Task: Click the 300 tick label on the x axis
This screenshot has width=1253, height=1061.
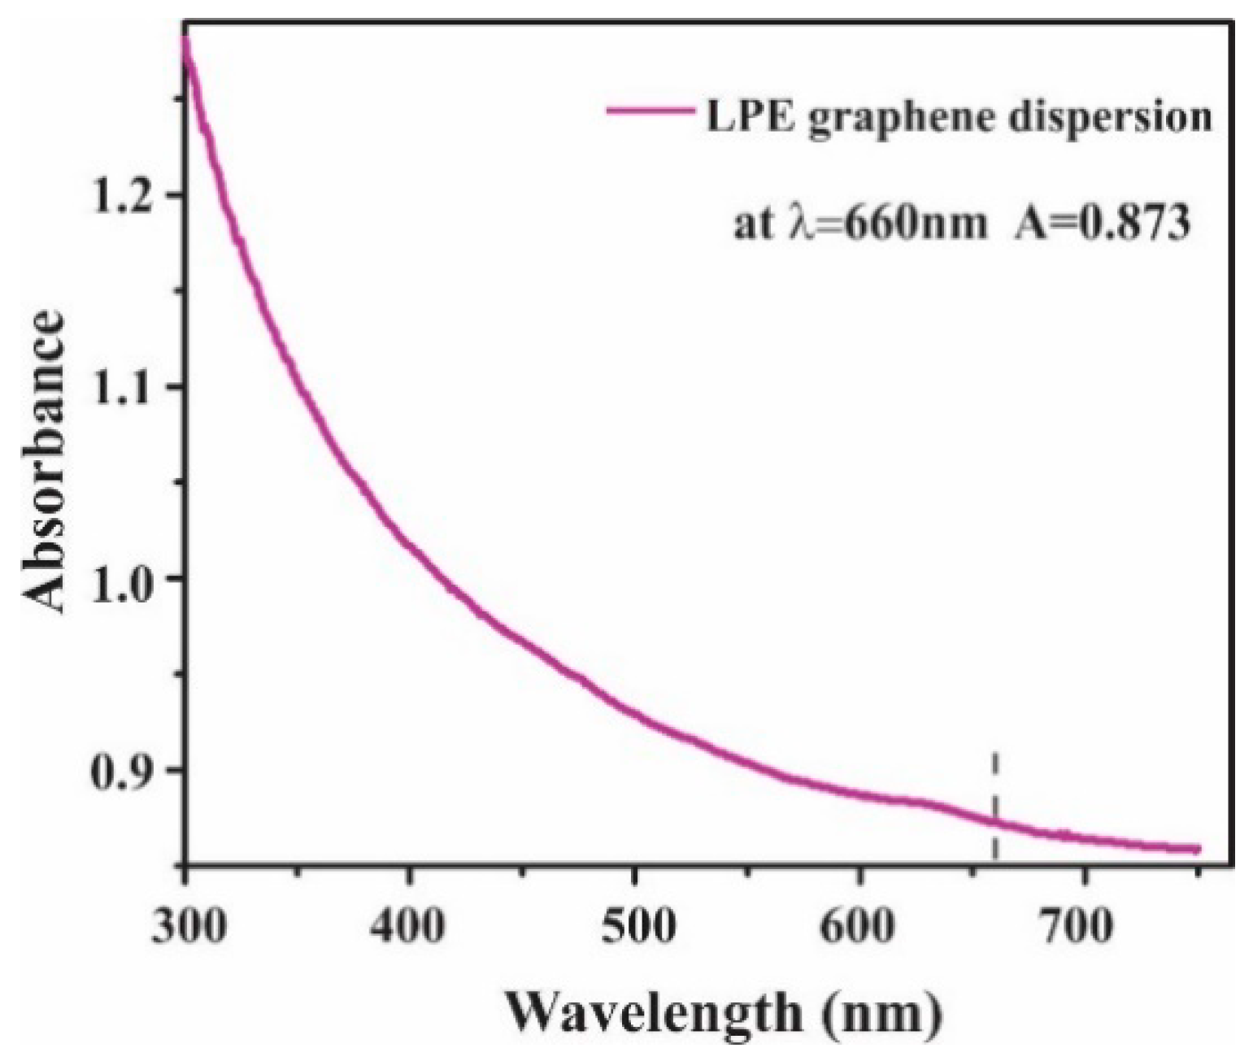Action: click(x=186, y=926)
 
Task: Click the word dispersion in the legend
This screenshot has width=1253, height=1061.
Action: click(x=1111, y=119)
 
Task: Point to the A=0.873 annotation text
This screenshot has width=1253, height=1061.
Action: click(x=1101, y=223)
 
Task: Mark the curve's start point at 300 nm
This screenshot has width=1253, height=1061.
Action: click(x=186, y=41)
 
